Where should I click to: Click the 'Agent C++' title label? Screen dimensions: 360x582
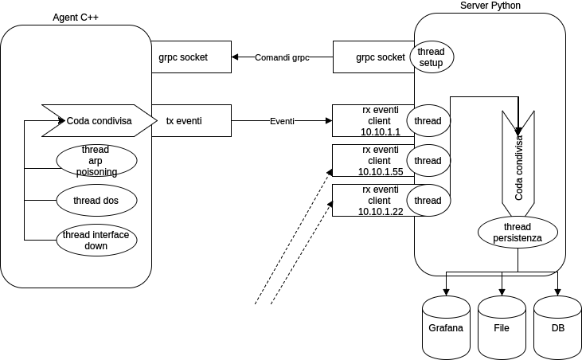pos(75,18)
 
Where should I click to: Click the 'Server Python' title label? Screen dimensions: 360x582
pos(490,6)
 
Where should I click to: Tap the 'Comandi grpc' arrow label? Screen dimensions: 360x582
pos(282,57)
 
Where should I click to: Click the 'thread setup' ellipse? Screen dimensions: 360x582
pos(431,57)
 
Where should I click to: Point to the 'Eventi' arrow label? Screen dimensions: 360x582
pos(282,121)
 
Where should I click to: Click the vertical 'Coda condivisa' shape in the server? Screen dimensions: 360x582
pos(518,167)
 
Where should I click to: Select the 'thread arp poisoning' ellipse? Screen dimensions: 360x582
pos(96,161)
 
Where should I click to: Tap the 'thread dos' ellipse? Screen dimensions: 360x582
pos(96,201)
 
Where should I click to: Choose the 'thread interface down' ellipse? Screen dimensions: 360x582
pos(96,240)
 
